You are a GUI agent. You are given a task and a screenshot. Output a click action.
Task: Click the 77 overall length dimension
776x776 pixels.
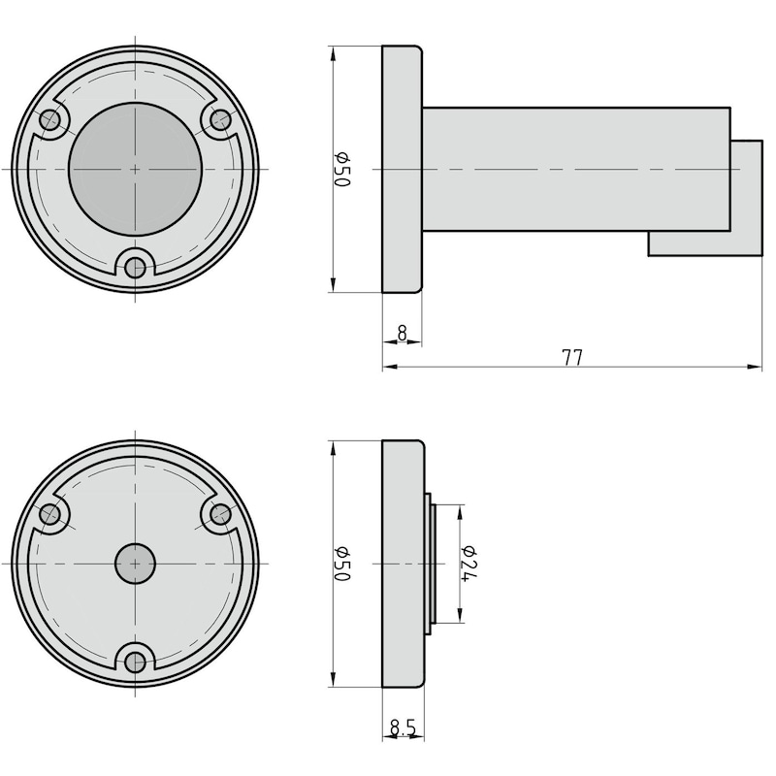click(x=572, y=357)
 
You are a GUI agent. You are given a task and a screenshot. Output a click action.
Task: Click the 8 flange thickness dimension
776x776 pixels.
click(x=402, y=333)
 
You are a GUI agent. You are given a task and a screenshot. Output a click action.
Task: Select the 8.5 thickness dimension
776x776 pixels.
click(x=403, y=727)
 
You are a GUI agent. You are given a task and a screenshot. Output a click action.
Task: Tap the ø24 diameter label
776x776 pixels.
click(x=469, y=564)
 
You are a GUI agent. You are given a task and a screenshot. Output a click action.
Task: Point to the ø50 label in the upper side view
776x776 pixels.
click(x=341, y=170)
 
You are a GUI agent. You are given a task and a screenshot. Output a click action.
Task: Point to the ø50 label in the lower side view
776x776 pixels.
click(x=341, y=564)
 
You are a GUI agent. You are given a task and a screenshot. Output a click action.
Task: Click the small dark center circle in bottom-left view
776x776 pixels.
click(x=135, y=564)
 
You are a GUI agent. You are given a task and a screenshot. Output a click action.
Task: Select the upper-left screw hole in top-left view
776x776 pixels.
click(x=50, y=119)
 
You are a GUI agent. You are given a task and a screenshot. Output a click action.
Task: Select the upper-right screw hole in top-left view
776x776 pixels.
click(x=220, y=119)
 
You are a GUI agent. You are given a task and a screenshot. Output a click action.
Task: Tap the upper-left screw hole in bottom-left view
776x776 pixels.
click(x=50, y=514)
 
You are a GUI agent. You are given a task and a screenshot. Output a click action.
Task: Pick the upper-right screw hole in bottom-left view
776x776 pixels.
click(x=220, y=514)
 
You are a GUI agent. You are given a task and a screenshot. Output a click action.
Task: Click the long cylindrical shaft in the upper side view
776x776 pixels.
click(x=572, y=170)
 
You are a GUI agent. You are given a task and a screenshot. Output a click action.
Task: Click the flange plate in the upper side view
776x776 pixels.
click(x=402, y=170)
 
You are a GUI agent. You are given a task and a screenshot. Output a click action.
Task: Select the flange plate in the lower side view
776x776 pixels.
click(x=402, y=564)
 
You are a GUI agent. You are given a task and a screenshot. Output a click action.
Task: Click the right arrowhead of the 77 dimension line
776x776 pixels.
click(x=756, y=368)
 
